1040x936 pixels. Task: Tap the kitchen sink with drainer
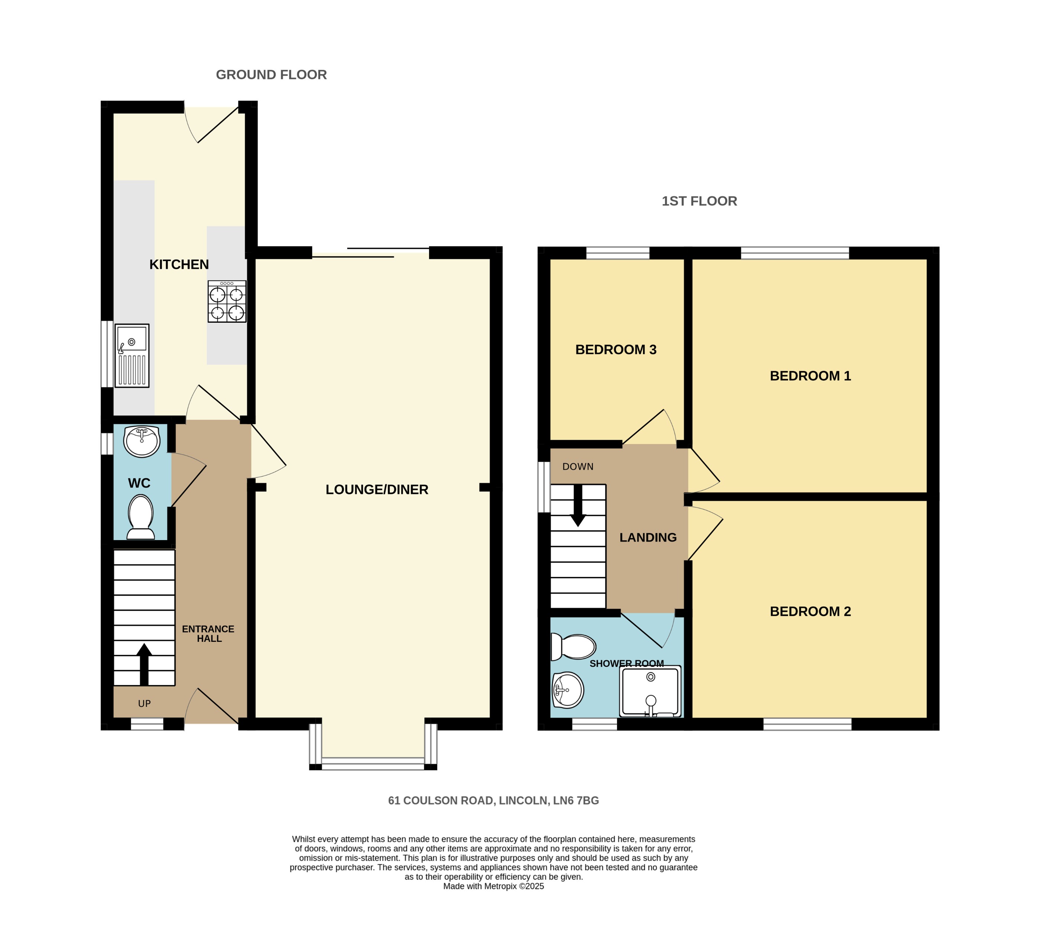(132, 355)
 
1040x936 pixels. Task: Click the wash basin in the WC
(142, 441)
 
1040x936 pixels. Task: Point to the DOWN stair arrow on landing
(578, 506)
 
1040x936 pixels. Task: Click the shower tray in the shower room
(651, 691)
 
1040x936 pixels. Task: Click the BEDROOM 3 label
(616, 350)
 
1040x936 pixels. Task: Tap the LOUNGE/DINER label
(377, 490)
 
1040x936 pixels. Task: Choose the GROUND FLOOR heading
(271, 75)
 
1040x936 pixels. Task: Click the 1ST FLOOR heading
(699, 201)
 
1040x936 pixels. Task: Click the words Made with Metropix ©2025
(493, 886)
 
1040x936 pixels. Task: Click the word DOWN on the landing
(578, 467)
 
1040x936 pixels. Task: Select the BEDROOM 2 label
(810, 611)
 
